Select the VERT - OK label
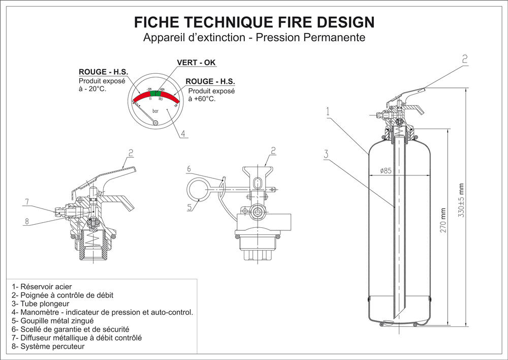click(196, 63)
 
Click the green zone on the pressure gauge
click(156, 93)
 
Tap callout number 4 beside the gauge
click(183, 134)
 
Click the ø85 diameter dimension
click(386, 171)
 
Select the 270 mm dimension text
click(443, 222)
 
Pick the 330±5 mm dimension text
click(461, 200)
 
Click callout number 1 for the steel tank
click(329, 110)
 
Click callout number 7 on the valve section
click(25, 202)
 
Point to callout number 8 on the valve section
click(26, 221)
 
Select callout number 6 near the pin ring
click(188, 168)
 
